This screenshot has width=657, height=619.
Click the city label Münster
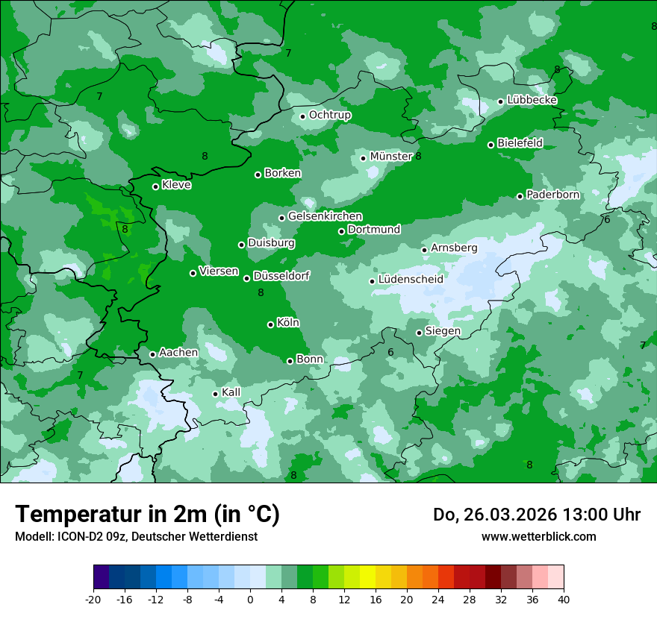pos(391,157)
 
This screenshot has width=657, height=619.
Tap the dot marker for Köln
pos(270,324)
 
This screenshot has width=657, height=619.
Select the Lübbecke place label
pos(532,100)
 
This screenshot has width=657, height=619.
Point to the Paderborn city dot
pos(520,196)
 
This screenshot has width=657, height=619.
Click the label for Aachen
pos(178,353)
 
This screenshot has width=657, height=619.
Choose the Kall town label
pos(231,392)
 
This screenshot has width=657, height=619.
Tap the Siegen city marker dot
pos(419,333)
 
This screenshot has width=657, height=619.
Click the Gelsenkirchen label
pos(325,216)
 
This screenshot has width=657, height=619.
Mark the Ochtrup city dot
pos(302,116)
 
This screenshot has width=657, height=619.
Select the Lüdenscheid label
pos(411,280)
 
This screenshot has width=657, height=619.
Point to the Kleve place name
pos(176,185)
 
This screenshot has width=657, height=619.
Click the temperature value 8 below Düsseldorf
pos(261,293)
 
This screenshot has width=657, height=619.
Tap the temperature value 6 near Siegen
pos(390,352)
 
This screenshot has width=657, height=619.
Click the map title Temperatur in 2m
pos(147,515)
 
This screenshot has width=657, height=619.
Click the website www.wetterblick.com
pos(538,536)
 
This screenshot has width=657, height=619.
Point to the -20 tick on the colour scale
pos(93,599)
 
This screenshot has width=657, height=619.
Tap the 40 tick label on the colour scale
pos(563,599)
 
